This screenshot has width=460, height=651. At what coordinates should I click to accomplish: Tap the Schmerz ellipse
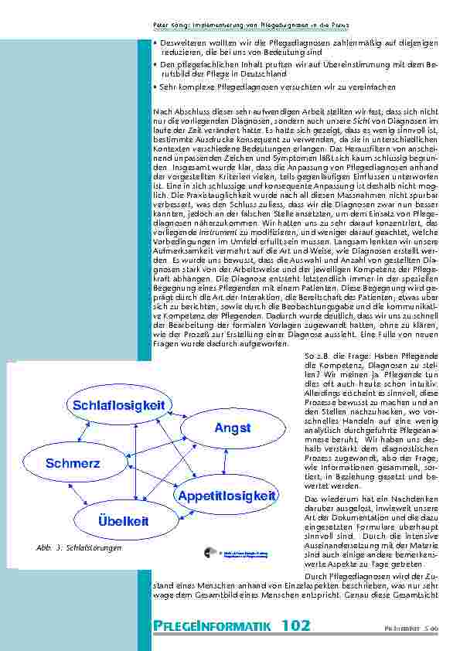pos(73,463)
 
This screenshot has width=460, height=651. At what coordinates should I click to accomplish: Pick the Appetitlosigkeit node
pos(227,495)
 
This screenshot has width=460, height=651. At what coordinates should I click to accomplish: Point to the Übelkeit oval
pos(123,521)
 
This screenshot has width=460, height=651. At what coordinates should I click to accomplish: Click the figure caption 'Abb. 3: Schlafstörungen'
pos(79,548)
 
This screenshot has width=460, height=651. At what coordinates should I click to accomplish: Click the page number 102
pos(296,625)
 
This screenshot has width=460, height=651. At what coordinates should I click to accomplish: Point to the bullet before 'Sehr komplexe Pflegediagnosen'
pos(155,86)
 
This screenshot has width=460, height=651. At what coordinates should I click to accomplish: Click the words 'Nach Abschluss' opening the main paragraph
pos(174,113)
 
